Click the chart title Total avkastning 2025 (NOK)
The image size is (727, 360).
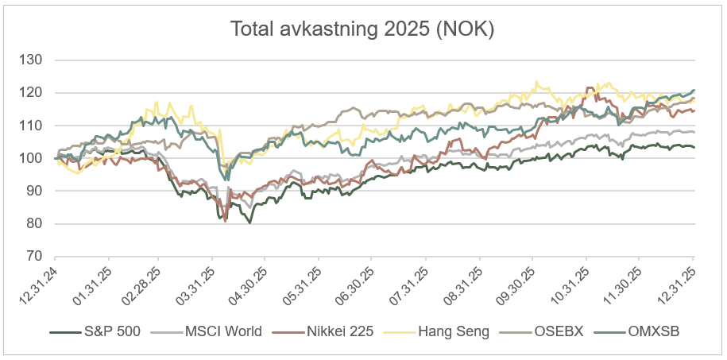tap(362, 29)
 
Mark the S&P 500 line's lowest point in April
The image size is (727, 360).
tap(249, 223)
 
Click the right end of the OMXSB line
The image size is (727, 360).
tap(694, 90)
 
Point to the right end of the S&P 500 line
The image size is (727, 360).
tap(694, 147)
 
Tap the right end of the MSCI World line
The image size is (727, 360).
tap(694, 132)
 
